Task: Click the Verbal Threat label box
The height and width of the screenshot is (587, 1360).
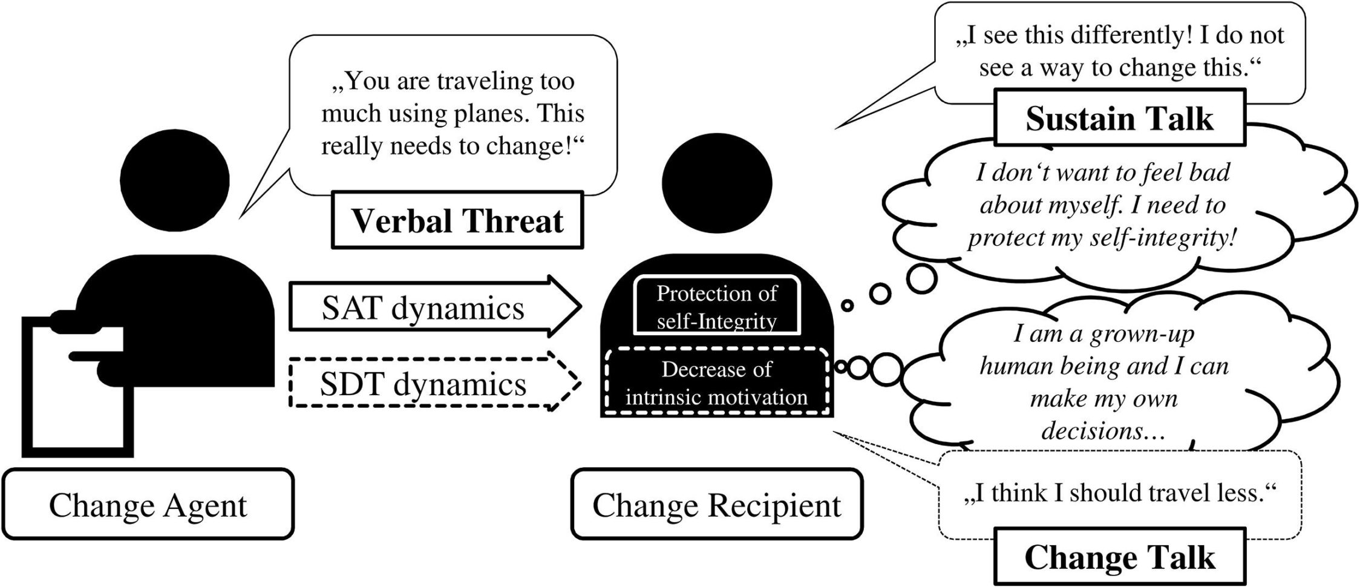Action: click(457, 220)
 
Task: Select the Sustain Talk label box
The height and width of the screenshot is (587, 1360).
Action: click(1119, 118)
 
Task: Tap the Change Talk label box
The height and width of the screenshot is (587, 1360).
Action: click(1119, 557)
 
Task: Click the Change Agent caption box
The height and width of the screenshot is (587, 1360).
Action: click(148, 505)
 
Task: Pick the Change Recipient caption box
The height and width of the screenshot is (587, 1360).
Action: click(716, 505)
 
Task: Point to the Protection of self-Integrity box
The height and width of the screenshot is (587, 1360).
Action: click(716, 306)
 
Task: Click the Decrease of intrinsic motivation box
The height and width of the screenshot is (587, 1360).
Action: click(716, 382)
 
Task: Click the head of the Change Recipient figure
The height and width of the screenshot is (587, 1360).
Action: click(716, 182)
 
